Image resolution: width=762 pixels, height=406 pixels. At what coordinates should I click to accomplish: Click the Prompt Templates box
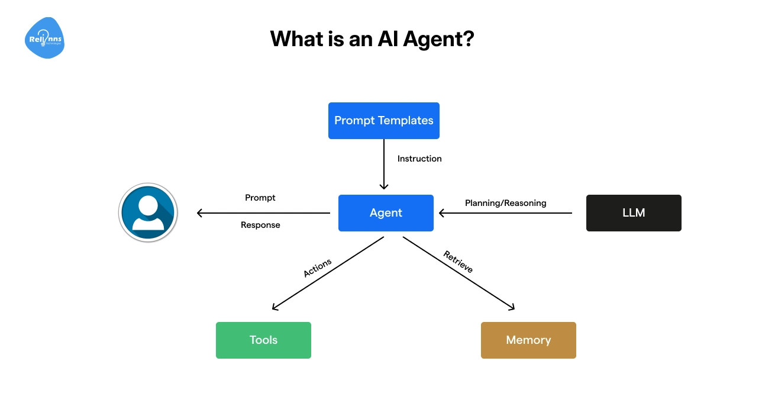point(383,121)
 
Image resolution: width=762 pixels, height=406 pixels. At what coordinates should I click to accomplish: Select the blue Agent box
point(386,213)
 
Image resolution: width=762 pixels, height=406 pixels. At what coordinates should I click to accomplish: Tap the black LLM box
point(634,213)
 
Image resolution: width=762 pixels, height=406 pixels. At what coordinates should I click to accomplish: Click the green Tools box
point(263,340)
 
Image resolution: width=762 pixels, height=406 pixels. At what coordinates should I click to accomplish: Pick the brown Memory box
point(528,340)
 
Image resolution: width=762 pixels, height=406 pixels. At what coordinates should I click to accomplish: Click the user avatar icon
point(148,212)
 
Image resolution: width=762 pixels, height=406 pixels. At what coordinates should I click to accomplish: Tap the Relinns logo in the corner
point(44,38)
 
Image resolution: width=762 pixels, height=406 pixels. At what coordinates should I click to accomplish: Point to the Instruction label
point(419,159)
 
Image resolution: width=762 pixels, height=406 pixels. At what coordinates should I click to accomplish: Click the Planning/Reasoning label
point(505,203)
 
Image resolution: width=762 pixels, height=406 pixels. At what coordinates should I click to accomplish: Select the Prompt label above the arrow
point(260,198)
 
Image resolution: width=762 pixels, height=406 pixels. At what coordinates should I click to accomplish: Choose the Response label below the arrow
point(260,225)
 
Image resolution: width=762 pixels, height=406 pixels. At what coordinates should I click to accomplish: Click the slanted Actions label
point(318,268)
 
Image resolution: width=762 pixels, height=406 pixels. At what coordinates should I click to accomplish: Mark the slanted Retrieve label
point(458,262)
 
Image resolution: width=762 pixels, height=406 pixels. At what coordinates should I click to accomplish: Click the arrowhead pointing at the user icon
point(199,213)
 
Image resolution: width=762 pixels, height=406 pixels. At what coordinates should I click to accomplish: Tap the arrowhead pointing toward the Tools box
point(275,307)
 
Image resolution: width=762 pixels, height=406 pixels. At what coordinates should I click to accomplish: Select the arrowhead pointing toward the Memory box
point(512,307)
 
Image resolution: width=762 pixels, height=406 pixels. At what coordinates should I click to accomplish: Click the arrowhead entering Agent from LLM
point(441,213)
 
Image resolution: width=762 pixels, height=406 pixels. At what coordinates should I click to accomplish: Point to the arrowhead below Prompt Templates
point(384,186)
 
